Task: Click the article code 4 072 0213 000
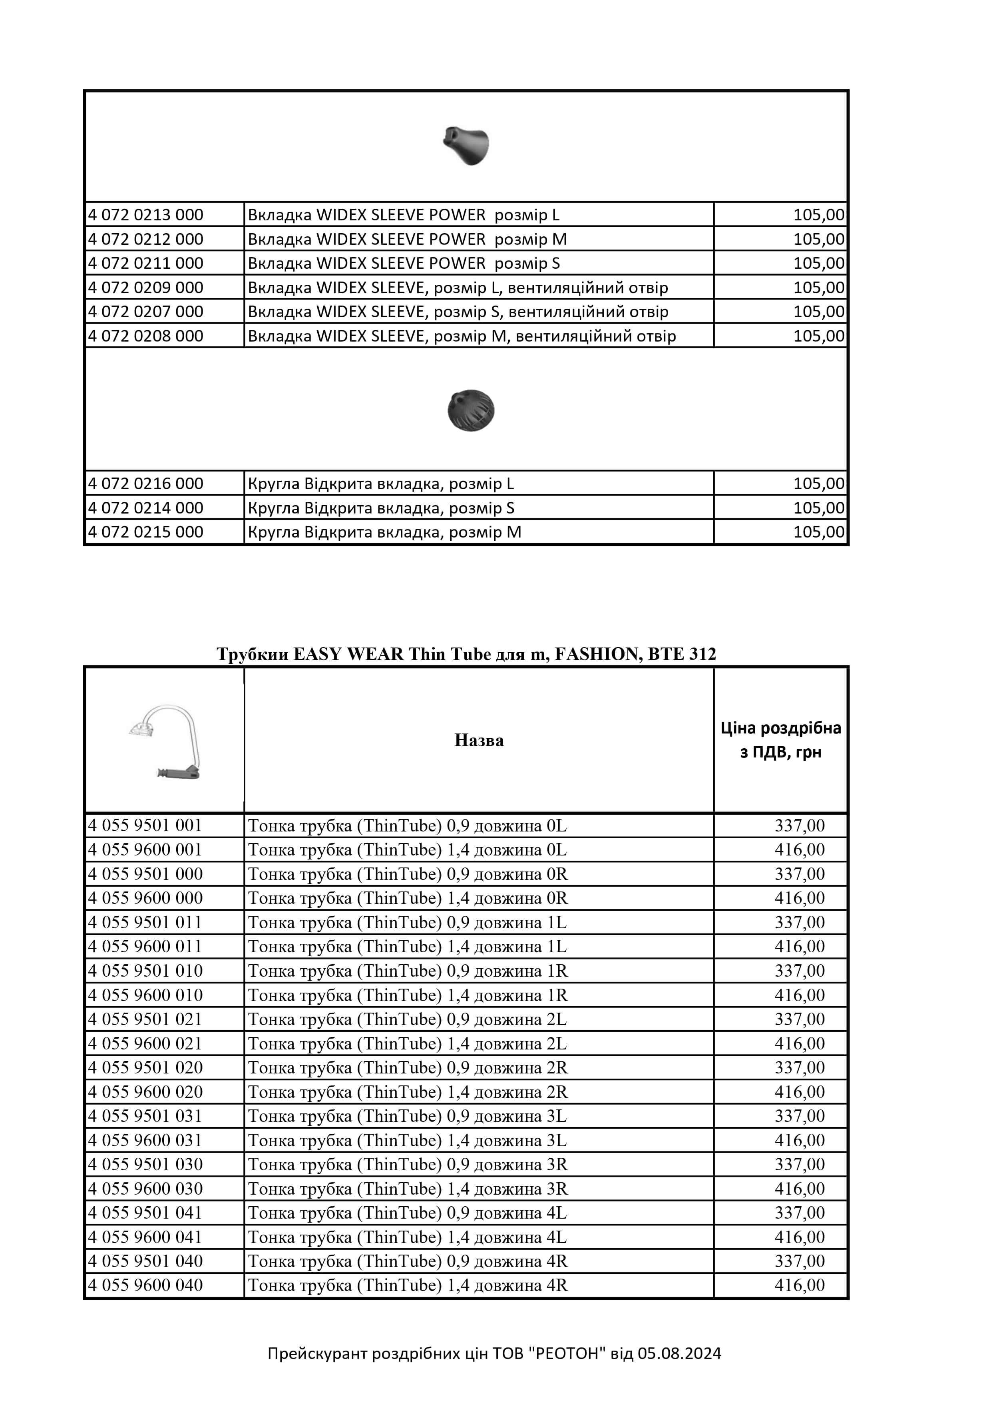point(146,215)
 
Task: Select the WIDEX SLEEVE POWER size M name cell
point(407,239)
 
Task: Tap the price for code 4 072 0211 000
point(818,264)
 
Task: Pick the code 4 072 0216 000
point(146,484)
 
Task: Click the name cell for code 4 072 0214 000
point(381,508)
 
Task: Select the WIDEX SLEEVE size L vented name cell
point(458,288)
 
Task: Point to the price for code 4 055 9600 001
point(799,850)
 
